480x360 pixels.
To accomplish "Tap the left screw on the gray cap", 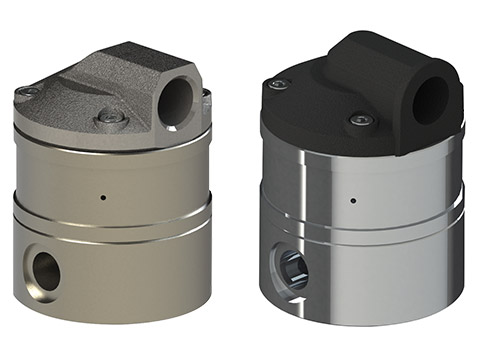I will (x=29, y=92).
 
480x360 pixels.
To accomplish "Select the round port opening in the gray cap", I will (x=177, y=101).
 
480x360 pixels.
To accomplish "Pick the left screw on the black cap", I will (x=279, y=83).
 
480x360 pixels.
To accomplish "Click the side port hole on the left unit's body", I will (x=46, y=270).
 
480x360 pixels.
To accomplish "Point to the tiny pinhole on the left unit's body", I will (x=104, y=196).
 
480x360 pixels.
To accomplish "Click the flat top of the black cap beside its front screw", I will (x=320, y=120).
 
